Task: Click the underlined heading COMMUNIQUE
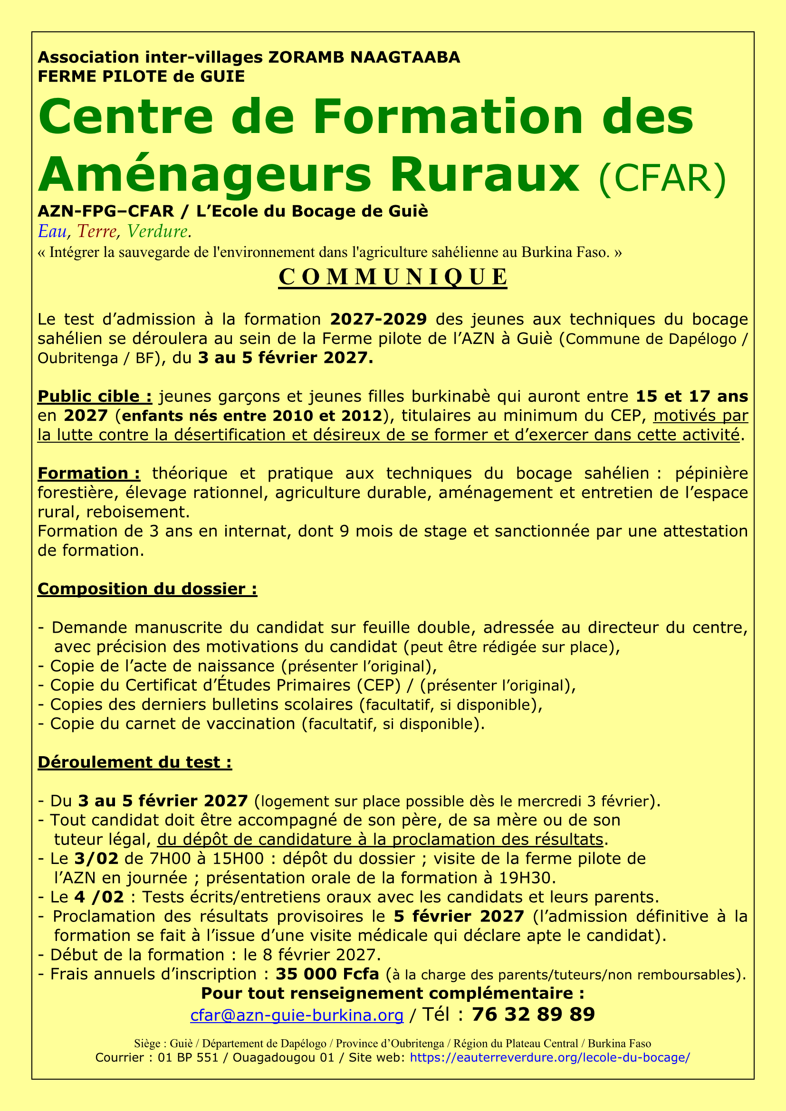[393, 277]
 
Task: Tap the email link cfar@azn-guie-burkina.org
[297, 1015]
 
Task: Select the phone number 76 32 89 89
[533, 1014]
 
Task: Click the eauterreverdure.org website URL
[549, 1057]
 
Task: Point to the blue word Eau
[52, 232]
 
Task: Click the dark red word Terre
[97, 232]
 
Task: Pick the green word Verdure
[157, 232]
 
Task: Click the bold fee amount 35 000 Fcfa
[327, 974]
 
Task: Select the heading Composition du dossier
[147, 589]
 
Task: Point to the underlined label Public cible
[95, 396]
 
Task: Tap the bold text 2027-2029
[378, 319]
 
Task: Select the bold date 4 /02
[99, 897]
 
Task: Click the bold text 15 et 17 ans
[691, 396]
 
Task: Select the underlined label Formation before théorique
[88, 473]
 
